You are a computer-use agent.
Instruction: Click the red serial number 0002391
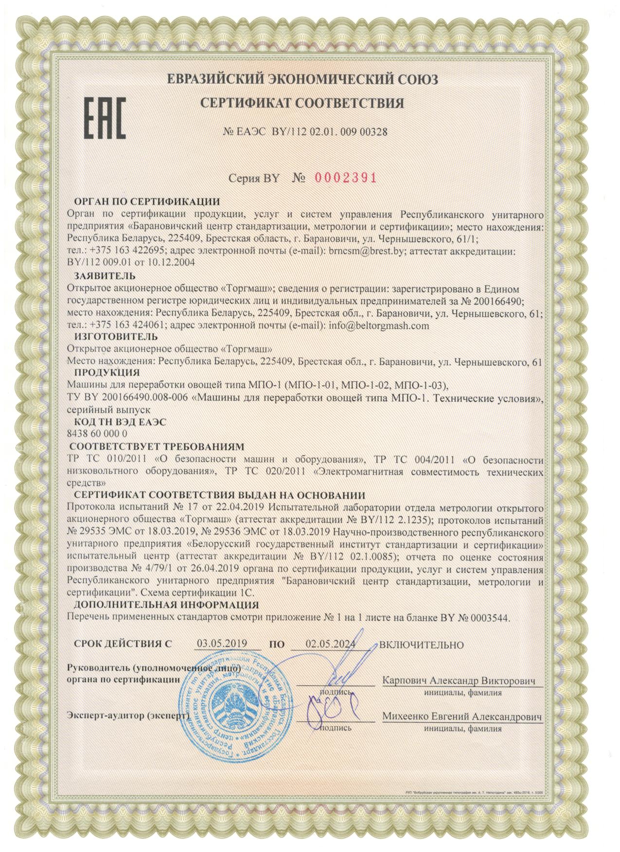click(x=346, y=178)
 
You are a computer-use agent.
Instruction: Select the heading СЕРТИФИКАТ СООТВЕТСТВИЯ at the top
click(x=302, y=103)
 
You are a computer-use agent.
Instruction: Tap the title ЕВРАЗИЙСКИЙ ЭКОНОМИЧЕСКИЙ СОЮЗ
click(x=302, y=79)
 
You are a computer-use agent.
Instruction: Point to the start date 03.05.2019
click(x=222, y=644)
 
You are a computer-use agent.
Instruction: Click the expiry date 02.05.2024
click(x=330, y=644)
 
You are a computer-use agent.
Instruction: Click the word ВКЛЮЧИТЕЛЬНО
click(x=421, y=645)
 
